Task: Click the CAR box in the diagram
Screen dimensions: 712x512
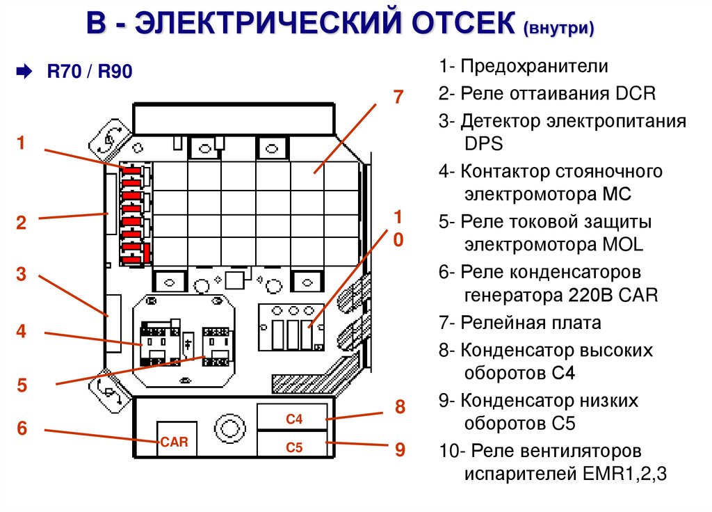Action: [175, 441]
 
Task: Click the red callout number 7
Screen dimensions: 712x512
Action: [398, 97]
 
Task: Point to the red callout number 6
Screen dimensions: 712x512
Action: [22, 428]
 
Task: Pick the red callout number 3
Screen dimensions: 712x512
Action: [22, 274]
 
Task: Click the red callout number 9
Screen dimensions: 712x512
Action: [400, 449]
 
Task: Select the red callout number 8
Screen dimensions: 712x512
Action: [400, 407]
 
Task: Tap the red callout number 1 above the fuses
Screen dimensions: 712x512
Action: [22, 143]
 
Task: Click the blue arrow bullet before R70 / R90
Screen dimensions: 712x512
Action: [23, 72]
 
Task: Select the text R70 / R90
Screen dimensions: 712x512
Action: [89, 72]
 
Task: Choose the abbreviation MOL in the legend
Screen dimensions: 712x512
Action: [624, 245]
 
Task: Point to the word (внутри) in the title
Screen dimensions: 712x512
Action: [560, 29]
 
